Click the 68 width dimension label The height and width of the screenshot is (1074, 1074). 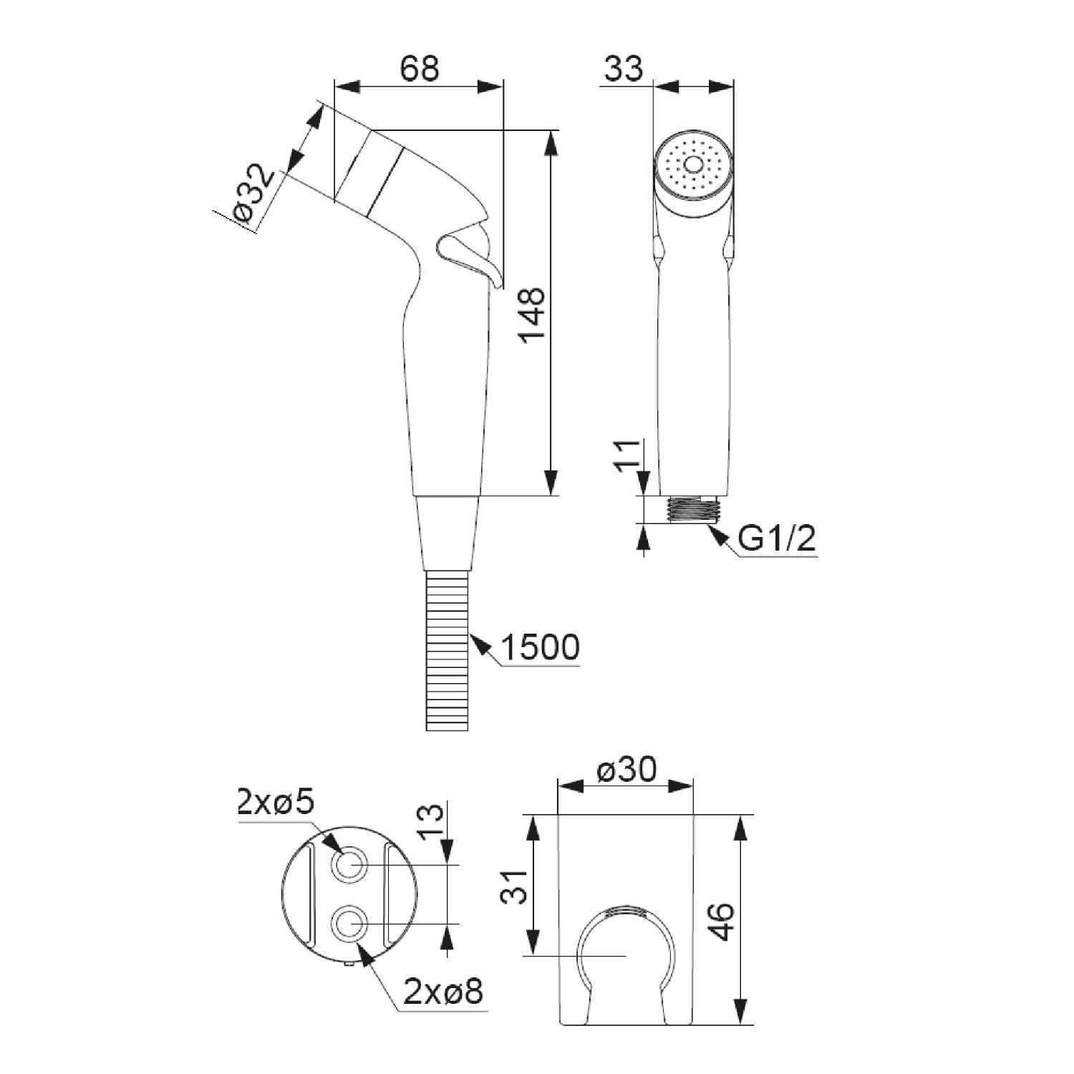pos(419,69)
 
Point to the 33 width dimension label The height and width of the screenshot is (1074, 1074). pos(624,69)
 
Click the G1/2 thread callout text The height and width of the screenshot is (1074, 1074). pos(777,538)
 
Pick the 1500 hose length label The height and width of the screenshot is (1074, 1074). pos(540,647)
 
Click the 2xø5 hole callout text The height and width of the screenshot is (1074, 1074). pos(276,803)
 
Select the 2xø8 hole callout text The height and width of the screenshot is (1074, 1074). pos(443,992)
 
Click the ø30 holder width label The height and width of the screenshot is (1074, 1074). pos(626,770)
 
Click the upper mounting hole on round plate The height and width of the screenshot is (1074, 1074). pos(349,865)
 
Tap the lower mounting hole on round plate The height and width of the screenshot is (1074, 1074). pos(349,924)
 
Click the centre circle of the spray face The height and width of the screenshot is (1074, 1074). pos(693,165)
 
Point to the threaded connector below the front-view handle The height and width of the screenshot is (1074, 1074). pos(692,509)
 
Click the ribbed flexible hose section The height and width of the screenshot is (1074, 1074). pos(447,650)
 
